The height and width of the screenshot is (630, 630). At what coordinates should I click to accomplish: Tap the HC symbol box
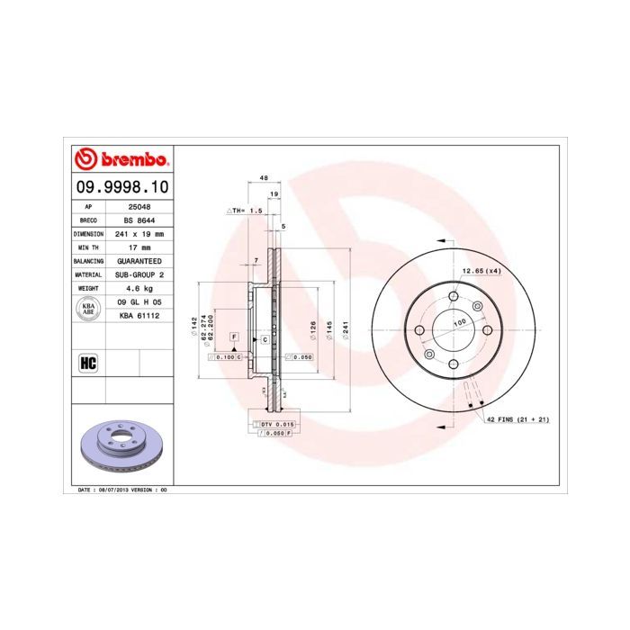coord(88,363)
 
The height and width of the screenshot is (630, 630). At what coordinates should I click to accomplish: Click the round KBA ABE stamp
coord(88,309)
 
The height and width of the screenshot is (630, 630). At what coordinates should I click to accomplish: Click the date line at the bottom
coord(118,490)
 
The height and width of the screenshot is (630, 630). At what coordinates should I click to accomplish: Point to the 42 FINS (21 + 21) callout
coord(518,420)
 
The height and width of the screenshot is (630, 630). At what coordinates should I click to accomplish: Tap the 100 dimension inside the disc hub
coord(459,321)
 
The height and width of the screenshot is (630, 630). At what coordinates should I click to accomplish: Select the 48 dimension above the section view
coord(264,179)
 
